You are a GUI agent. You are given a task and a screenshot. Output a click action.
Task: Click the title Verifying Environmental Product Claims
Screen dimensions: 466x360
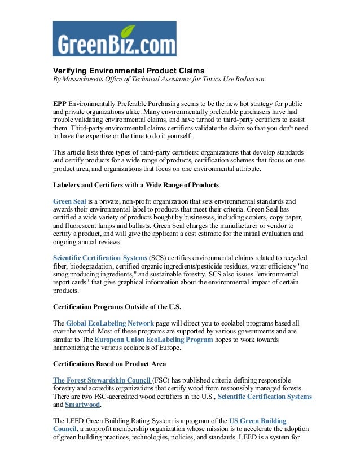point(128,71)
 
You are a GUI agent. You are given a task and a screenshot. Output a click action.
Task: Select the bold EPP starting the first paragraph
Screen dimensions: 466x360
point(60,105)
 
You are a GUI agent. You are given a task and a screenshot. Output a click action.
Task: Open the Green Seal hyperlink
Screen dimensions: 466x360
point(69,201)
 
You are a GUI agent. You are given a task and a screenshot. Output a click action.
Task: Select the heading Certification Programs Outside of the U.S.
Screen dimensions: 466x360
point(117,307)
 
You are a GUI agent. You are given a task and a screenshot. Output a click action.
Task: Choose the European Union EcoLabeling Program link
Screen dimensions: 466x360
point(153,340)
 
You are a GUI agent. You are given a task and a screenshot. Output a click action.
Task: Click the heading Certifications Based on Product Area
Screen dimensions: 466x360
point(109,364)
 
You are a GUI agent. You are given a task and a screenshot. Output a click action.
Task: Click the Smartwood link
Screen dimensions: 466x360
point(82,405)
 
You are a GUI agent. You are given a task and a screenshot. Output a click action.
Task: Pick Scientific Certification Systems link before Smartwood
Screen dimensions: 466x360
point(265,397)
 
